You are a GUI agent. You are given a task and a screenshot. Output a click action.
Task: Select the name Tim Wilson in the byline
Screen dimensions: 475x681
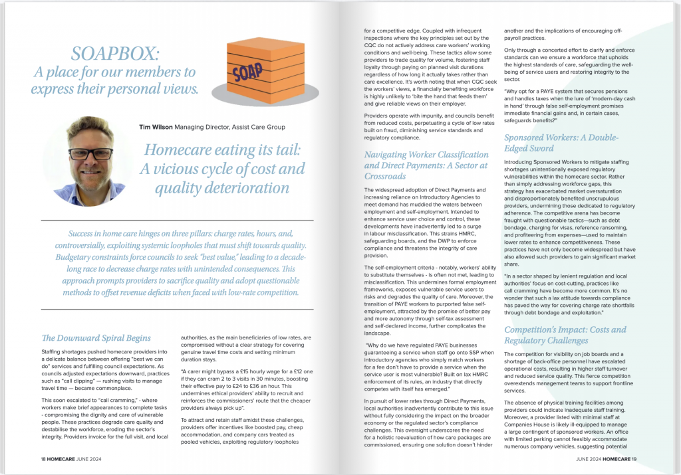(155, 126)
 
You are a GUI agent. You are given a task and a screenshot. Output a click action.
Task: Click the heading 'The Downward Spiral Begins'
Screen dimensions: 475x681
(96, 338)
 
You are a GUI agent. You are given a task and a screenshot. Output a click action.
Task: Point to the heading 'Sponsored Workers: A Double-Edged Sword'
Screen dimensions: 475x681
(561, 143)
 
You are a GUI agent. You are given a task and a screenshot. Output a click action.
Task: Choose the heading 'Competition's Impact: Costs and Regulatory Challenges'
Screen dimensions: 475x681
(565, 335)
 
